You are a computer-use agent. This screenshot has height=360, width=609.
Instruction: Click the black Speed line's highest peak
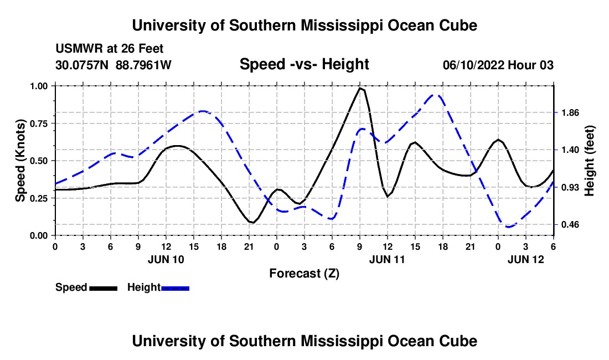coord(360,88)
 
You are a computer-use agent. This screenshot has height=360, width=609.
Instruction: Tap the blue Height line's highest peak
coord(436,95)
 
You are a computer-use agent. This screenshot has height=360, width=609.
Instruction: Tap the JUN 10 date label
coord(166,259)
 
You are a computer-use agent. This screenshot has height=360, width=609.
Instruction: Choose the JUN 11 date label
coord(387,259)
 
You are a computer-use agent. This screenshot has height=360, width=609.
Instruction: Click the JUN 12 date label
coord(526,259)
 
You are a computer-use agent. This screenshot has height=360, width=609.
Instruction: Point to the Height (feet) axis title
coord(590,161)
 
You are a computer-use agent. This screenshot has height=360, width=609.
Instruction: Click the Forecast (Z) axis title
coord(304,273)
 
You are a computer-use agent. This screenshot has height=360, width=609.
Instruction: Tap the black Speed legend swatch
coord(104,287)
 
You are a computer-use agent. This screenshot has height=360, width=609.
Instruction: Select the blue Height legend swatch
coord(176,287)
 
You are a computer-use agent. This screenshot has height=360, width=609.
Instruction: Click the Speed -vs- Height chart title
coord(304,64)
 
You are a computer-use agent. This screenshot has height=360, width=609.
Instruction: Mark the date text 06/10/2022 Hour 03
coord(498,65)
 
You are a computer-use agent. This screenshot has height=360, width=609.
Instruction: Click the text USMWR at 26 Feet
coord(110,49)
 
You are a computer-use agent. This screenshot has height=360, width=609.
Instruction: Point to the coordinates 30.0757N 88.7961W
coord(113,65)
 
